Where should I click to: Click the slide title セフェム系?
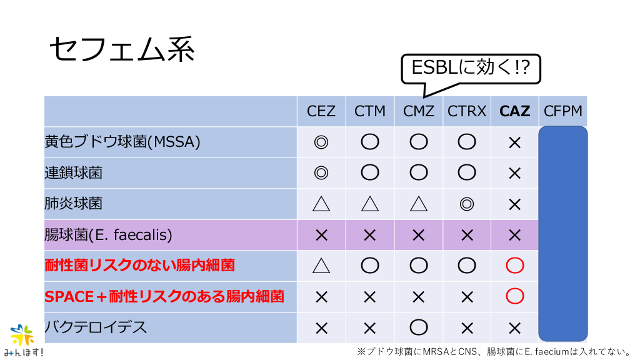pos(122,49)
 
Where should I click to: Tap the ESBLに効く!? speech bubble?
pos(471,69)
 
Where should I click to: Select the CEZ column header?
pos(321,111)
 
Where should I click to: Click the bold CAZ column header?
pos(515,111)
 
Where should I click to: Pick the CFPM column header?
pos(563,111)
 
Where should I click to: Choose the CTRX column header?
pos(466,111)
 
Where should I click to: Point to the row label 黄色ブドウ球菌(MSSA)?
pos(122,142)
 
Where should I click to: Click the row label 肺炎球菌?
pos(74,203)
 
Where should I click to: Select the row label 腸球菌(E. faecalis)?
pos(108,235)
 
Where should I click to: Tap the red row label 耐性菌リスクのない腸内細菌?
pos(139,265)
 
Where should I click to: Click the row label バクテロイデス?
pos(96,327)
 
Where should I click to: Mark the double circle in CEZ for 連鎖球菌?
pos(321,172)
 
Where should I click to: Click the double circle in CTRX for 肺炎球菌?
pos(466,204)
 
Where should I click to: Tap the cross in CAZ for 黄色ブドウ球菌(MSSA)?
pos(515,142)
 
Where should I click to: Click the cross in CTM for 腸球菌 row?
pos(370,235)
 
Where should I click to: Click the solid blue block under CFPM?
pos(563,234)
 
